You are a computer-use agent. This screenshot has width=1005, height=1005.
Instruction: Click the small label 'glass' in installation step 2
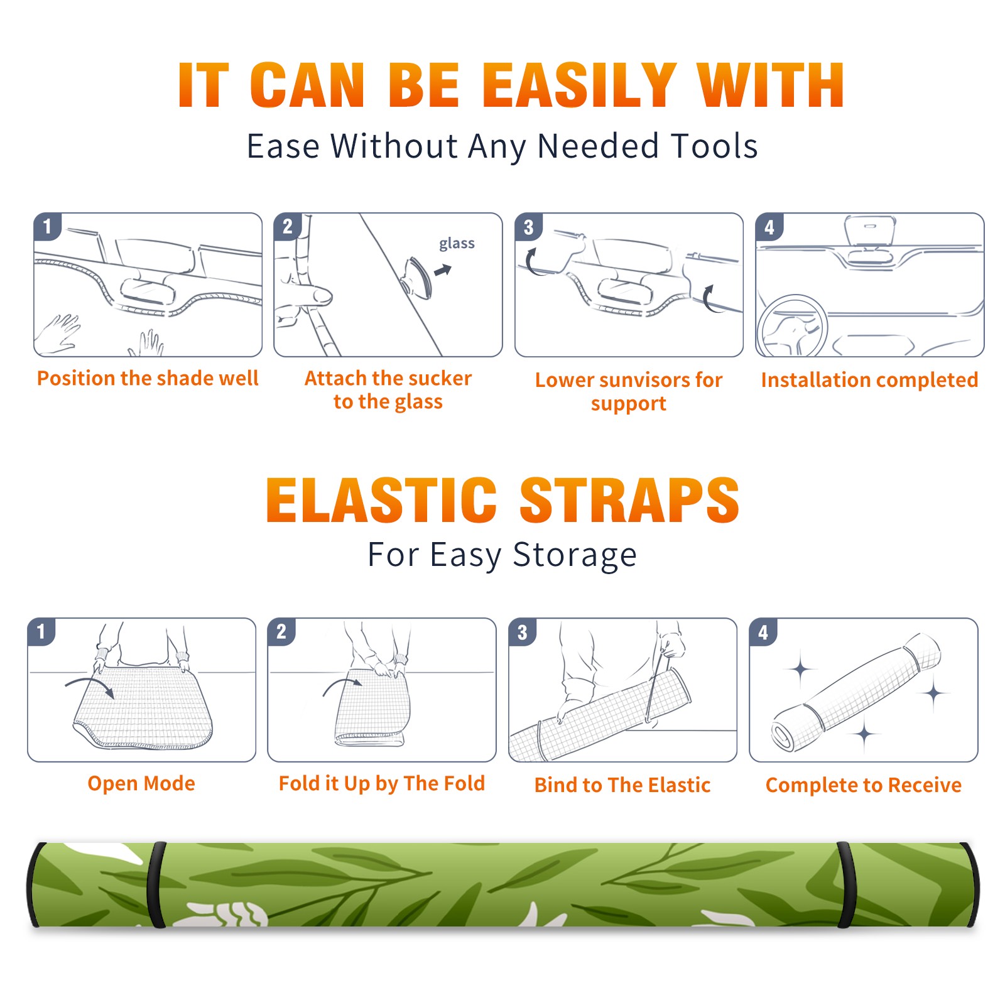(457, 244)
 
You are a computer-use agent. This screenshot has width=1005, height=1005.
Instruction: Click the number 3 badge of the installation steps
(529, 227)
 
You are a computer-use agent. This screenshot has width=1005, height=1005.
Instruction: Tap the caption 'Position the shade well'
(148, 378)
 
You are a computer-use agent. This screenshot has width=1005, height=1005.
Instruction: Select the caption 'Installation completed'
(869, 380)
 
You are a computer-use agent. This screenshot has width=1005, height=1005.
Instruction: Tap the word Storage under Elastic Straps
(575, 555)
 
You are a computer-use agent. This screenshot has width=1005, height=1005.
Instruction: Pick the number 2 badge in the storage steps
(281, 631)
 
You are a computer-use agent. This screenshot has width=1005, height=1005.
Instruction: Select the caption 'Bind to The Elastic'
(622, 785)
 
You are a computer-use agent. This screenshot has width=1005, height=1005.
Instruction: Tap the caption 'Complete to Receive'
(864, 785)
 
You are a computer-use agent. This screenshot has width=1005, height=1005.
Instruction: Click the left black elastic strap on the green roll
(156, 884)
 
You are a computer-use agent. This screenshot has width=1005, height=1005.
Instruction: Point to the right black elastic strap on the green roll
(845, 884)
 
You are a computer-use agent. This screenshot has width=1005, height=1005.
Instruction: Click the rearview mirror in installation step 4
(870, 231)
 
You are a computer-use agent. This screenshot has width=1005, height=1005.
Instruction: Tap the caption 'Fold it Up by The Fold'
(382, 783)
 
